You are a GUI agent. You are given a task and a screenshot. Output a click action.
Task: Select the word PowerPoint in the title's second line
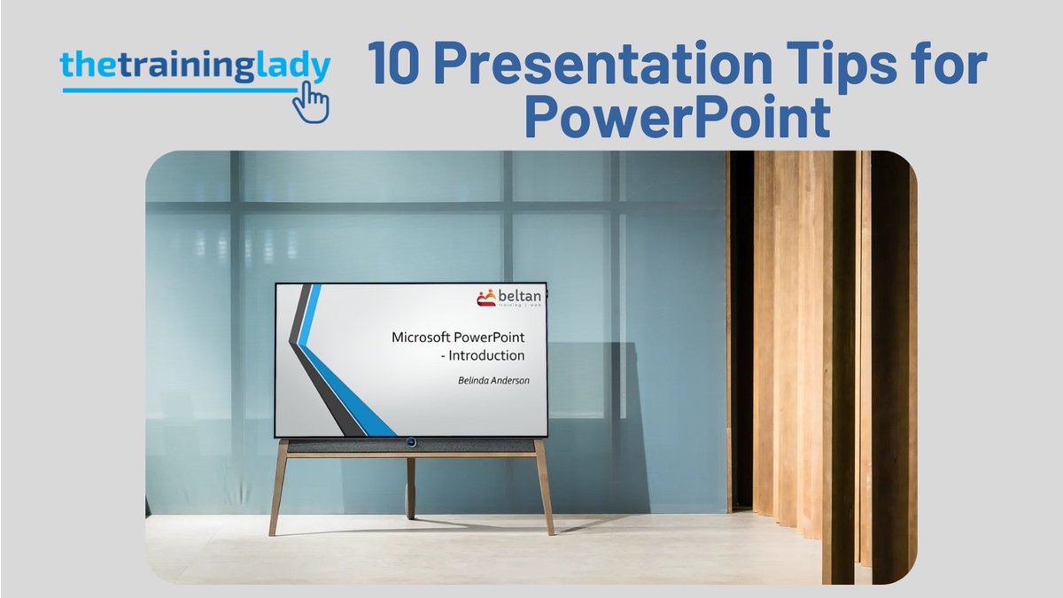[678, 118]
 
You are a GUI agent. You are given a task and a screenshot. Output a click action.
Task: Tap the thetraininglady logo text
[195, 67]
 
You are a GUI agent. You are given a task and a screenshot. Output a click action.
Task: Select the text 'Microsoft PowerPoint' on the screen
[458, 338]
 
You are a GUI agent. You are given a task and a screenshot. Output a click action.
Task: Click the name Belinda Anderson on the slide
[488, 380]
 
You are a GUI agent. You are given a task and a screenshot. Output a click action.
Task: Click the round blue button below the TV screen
[411, 441]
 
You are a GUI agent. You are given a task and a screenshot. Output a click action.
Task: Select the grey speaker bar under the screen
[354, 446]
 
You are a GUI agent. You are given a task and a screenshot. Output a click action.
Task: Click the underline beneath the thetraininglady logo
[177, 89]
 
